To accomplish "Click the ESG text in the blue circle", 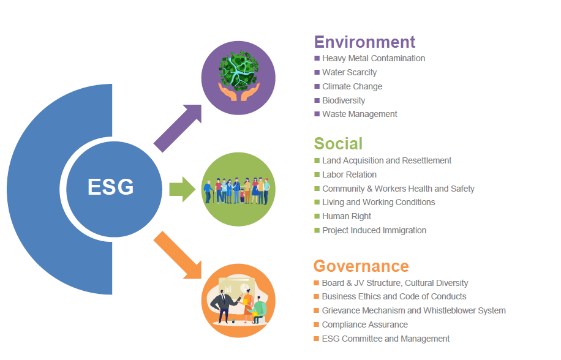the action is pyautogui.click(x=111, y=187).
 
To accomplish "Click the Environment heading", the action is pyautogui.click(x=364, y=42).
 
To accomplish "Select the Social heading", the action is pyautogui.click(x=338, y=143).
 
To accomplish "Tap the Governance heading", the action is pyautogui.click(x=361, y=266).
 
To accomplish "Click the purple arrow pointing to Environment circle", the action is pyautogui.click(x=178, y=128).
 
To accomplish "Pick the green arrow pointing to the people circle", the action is pyautogui.click(x=182, y=189).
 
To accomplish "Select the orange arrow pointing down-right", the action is pyautogui.click(x=178, y=255).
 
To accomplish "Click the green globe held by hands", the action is pyautogui.click(x=239, y=71).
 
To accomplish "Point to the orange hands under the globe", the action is pyautogui.click(x=239, y=92).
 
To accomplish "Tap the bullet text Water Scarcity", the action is pyautogui.click(x=349, y=73).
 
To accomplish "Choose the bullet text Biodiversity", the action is pyautogui.click(x=344, y=101).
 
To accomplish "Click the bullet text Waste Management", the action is pyautogui.click(x=360, y=114).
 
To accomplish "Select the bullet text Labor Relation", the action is pyautogui.click(x=349, y=175).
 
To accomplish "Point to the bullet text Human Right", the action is pyautogui.click(x=346, y=217).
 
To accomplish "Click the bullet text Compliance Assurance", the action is pyautogui.click(x=364, y=324).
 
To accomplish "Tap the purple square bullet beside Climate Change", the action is pyautogui.click(x=317, y=86).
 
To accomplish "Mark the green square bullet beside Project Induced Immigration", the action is pyautogui.click(x=317, y=230).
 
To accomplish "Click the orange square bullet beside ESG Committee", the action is pyautogui.click(x=316, y=339).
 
